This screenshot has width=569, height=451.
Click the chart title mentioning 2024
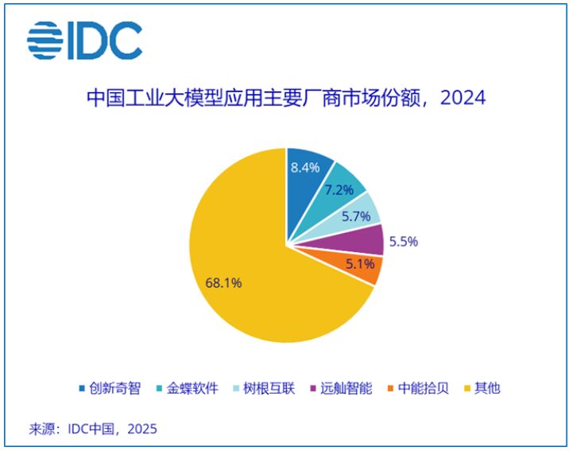pos(285,98)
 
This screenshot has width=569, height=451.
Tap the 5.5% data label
pos(403,240)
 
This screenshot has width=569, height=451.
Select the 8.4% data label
pos(305,167)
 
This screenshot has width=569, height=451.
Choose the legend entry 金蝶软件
pos(194,388)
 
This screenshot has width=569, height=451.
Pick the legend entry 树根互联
pos(271,388)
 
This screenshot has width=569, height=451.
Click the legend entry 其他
pos(486,388)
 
